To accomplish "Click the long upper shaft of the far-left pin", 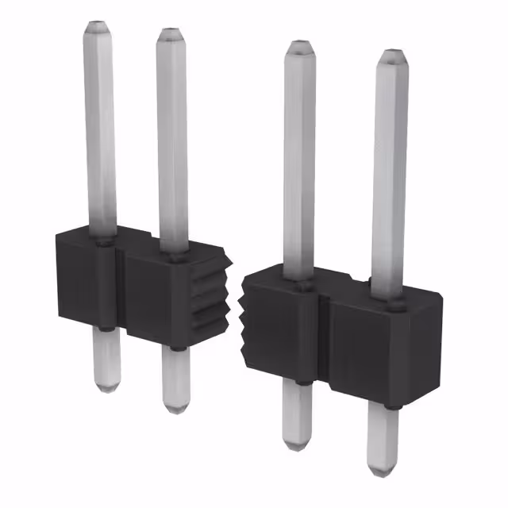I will (100, 127).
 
